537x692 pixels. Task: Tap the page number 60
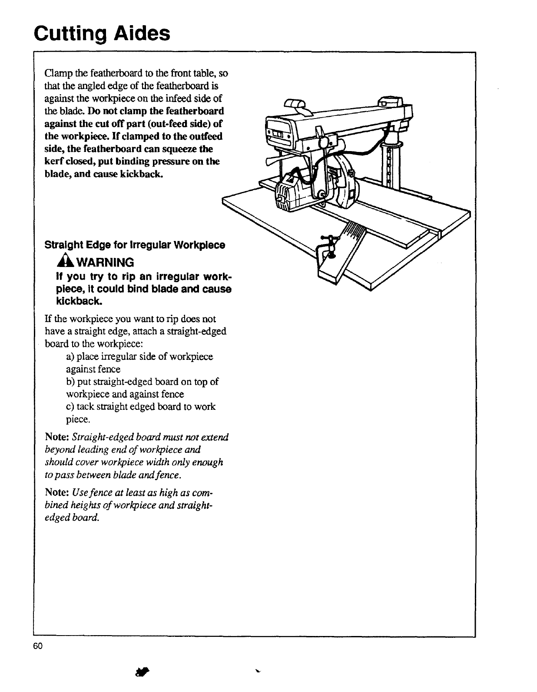tap(37, 646)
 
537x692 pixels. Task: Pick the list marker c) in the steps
tap(70, 407)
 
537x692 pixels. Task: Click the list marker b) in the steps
tap(70, 382)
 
